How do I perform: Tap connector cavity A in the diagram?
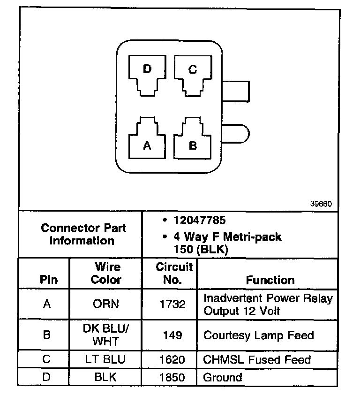147,141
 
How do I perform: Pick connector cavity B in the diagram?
193,141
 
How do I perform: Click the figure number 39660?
321,204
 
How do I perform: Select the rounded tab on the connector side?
236,132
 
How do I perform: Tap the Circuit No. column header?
174,274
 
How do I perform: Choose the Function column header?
270,280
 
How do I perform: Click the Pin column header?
49,280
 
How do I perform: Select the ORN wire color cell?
105,304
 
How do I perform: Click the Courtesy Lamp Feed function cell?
258,335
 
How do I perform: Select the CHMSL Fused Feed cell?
257,360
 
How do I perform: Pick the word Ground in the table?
223,377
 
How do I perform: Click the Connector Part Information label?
83,235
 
